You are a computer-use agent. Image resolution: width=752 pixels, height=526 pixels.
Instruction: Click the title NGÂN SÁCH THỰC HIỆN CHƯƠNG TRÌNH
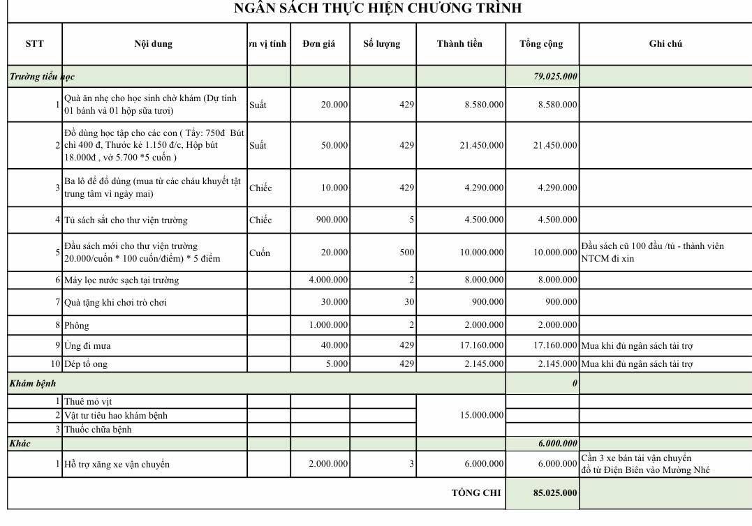[x=378, y=9]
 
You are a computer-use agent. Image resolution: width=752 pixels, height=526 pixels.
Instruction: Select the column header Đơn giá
[x=319, y=44]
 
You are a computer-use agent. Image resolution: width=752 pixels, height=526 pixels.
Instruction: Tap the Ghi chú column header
[x=665, y=44]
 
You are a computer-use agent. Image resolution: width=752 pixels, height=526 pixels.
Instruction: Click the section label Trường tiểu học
[x=42, y=76]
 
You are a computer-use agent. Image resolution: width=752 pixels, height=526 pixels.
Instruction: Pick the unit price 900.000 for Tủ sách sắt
[x=332, y=220]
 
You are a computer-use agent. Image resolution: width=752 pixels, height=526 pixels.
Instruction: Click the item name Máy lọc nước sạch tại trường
[x=121, y=280]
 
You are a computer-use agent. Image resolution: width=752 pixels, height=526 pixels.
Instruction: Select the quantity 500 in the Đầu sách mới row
[x=406, y=253]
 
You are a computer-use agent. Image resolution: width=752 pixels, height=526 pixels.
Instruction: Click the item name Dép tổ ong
[x=86, y=364]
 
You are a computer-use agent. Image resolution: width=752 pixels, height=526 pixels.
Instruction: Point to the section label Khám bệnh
[x=33, y=383]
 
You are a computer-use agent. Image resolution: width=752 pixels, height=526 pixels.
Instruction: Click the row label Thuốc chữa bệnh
[x=98, y=429]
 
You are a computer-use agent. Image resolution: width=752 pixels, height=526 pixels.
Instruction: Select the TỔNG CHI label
[x=476, y=493]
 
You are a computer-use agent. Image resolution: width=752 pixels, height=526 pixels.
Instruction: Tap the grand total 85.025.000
[x=555, y=493]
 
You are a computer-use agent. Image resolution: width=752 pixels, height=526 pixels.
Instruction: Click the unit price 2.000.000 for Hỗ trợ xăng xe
[x=328, y=464]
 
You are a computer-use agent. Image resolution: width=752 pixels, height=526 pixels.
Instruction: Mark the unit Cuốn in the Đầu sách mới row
[x=259, y=253]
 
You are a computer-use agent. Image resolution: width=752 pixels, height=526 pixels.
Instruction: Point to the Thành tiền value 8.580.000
[x=484, y=105]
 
